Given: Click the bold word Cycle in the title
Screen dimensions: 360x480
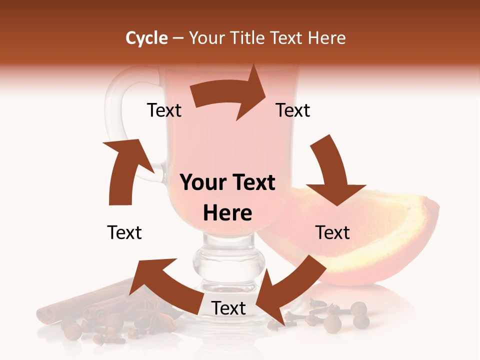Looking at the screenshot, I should coord(146,38).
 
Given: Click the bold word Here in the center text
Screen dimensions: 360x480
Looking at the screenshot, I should coord(227,213).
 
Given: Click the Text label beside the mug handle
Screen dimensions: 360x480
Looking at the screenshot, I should coord(164,110).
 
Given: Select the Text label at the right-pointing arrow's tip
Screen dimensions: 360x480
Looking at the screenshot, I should coord(293,110).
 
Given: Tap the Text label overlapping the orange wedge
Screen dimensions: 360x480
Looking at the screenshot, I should coord(332,232).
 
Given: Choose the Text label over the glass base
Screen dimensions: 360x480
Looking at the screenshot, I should coord(228,308).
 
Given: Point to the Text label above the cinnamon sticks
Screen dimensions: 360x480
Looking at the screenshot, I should coord(124,232).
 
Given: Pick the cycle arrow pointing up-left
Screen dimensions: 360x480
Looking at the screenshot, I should coord(160,285).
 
